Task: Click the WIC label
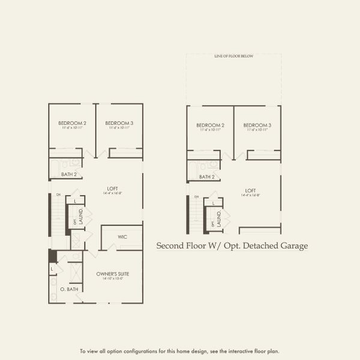122,237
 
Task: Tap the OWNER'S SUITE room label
113,274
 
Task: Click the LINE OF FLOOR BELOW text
234,56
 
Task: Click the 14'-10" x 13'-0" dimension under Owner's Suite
113,278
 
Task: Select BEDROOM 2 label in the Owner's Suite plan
72,123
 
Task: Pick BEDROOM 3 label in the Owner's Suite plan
119,123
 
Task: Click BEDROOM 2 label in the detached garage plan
210,125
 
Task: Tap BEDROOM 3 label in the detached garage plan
257,125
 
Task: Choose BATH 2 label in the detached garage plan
207,177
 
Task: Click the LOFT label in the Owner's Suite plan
113,188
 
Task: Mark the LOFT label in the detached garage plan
251,190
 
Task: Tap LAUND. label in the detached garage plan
219,218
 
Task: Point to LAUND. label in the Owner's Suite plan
81,215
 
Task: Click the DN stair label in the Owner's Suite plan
58,194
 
